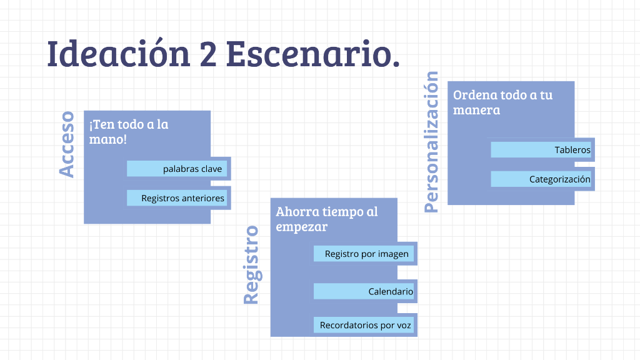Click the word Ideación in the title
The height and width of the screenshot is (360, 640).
(x=119, y=54)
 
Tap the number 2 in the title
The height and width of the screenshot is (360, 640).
(x=209, y=55)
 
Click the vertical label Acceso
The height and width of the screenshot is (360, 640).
(x=67, y=144)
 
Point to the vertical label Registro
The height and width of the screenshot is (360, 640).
(x=251, y=265)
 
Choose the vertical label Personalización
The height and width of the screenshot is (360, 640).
(x=431, y=142)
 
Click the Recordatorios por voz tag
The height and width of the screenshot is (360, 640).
(x=365, y=325)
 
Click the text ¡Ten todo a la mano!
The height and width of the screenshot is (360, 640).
(x=128, y=131)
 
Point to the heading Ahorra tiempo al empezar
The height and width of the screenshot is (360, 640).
(x=326, y=219)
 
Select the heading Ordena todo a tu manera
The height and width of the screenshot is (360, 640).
(x=502, y=102)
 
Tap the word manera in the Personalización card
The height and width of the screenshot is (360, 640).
(x=476, y=110)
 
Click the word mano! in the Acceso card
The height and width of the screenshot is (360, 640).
(x=107, y=139)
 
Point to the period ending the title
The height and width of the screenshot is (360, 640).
(x=395, y=65)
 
